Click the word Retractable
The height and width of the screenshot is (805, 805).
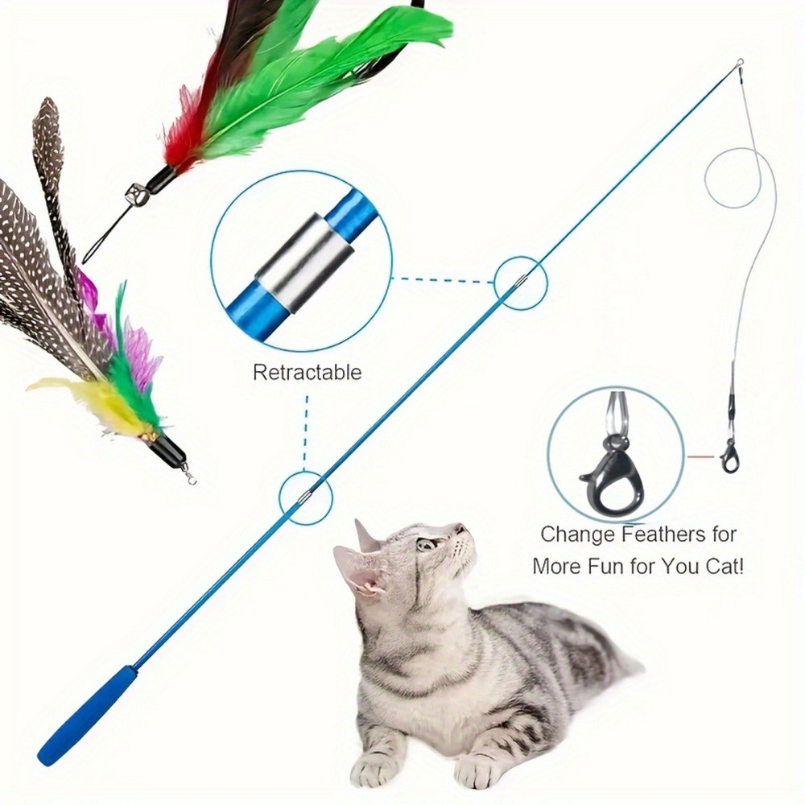307,372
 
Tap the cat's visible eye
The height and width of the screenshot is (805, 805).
424,543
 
